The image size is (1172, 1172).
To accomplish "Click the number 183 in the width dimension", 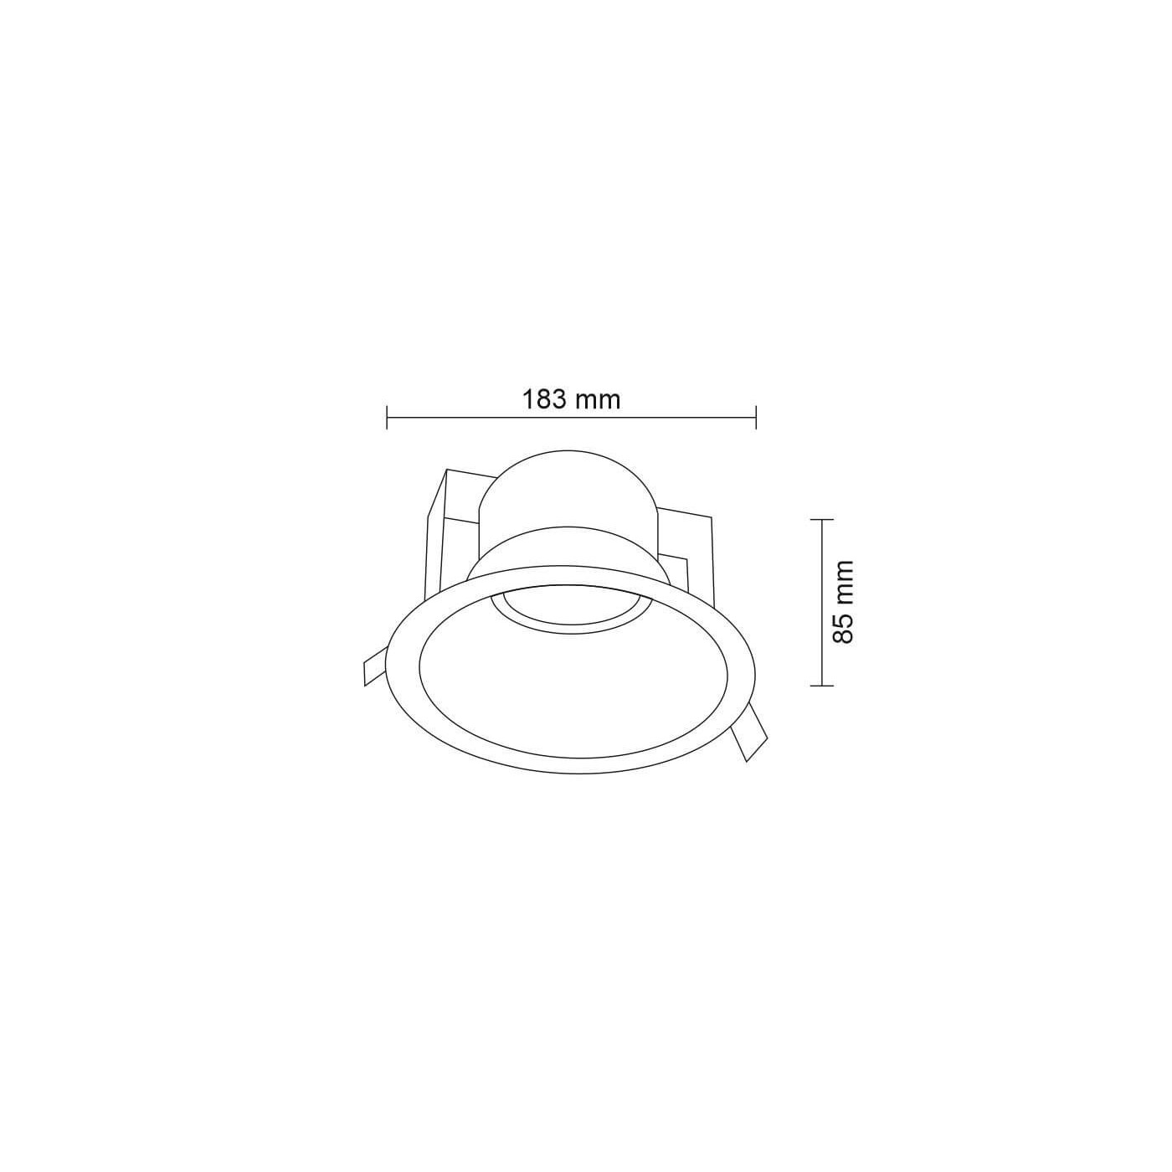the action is (x=544, y=399).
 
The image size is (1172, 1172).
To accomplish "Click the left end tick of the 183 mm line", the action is (x=387, y=417).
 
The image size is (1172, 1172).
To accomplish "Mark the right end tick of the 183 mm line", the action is (x=755, y=417).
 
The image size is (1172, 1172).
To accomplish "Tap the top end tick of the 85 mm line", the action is (x=822, y=520).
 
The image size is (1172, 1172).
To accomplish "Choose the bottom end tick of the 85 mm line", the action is (x=822, y=686).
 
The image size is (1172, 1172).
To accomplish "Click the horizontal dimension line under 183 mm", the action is (x=571, y=417).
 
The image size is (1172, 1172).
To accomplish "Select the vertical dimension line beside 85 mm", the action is (x=822, y=603).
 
